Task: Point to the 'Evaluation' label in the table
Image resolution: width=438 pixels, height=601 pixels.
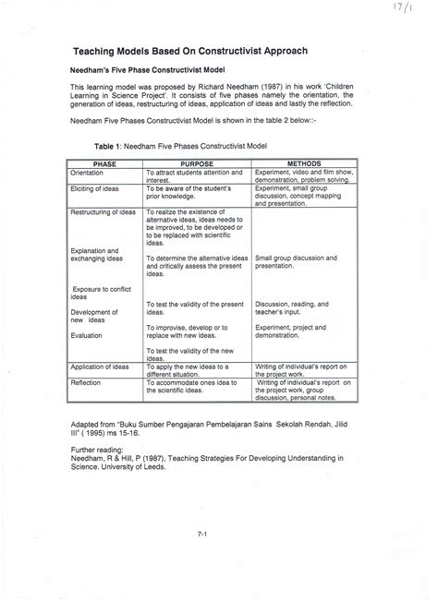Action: [x=87, y=336]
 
